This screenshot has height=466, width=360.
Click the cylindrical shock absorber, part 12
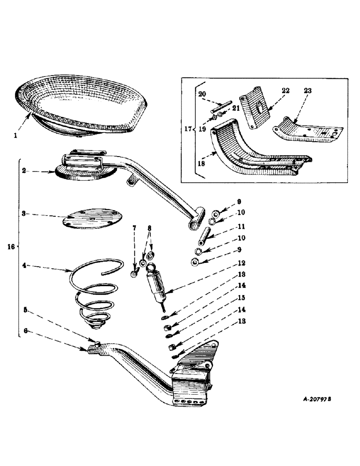(157, 284)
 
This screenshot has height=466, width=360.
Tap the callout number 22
(285, 91)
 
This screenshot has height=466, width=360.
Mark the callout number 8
(149, 229)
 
